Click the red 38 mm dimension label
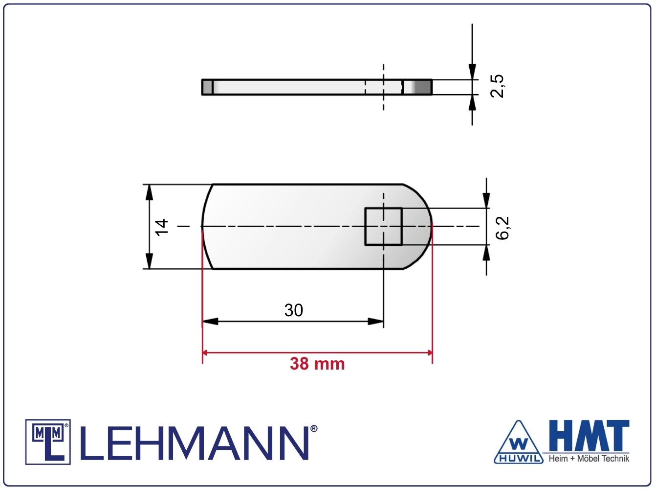coord(317,364)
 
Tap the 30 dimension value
coord(294,310)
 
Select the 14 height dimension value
coord(162,228)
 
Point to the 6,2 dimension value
coord(502,228)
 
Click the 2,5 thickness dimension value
coord(497,86)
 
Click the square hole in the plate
coord(383,227)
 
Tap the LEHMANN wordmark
coord(195,443)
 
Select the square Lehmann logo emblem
coord(48,442)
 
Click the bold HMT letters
coord(589,436)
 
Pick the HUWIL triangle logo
coord(519,442)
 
